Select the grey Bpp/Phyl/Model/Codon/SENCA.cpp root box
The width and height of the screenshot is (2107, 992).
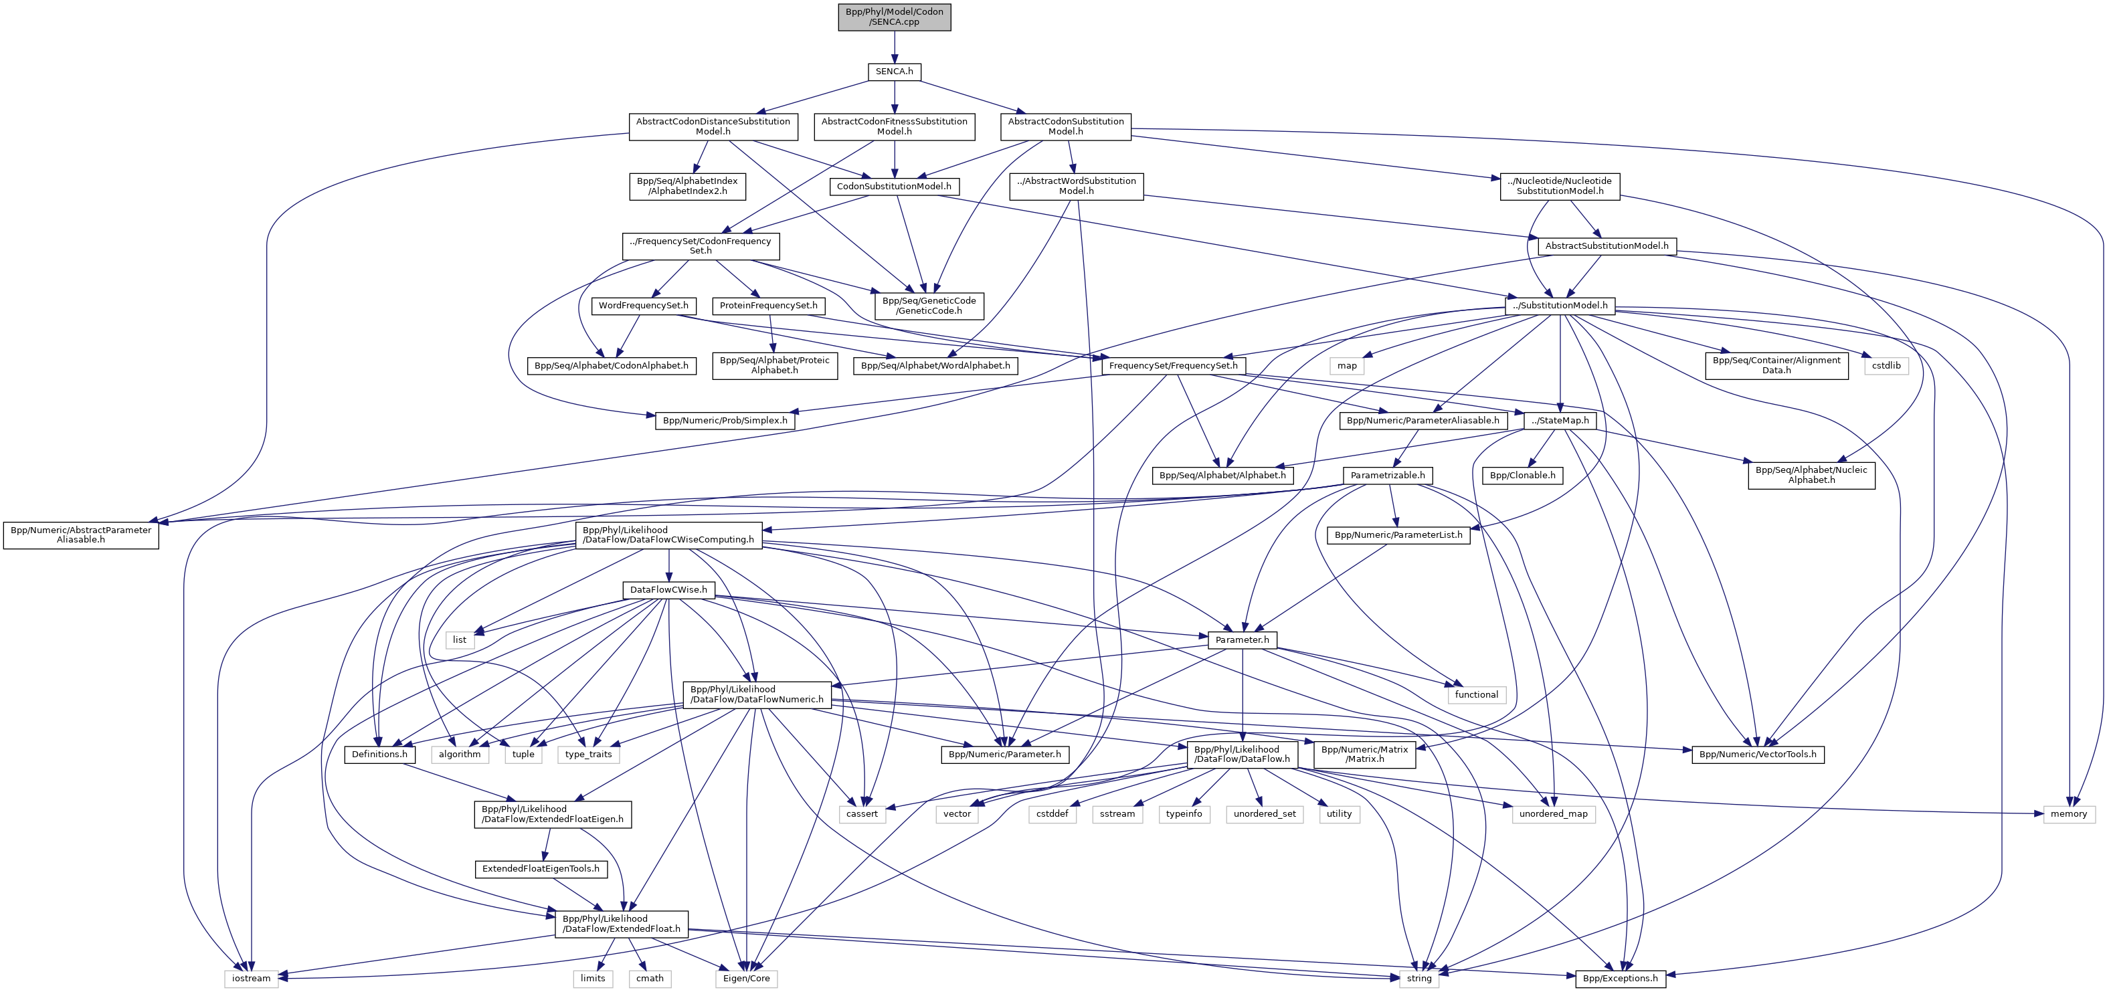click(x=894, y=16)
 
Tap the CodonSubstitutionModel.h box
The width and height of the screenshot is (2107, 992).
click(x=894, y=187)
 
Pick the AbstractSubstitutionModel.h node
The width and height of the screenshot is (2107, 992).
click(x=1607, y=245)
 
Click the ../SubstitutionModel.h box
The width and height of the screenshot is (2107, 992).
click(x=1560, y=305)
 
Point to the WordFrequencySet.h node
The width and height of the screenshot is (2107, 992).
click(x=643, y=305)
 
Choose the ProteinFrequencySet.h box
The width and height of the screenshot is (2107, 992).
click(x=768, y=305)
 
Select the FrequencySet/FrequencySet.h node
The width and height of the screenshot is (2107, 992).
click(x=1173, y=365)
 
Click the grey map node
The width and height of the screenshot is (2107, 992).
click(x=1347, y=365)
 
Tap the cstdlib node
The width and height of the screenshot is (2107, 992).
click(x=1886, y=365)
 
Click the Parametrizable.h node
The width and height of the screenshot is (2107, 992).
click(x=1387, y=475)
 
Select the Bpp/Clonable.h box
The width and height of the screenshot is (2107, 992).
click(x=1522, y=475)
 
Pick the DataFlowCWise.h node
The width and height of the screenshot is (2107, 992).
click(x=668, y=589)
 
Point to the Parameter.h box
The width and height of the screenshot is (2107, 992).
click(x=1242, y=639)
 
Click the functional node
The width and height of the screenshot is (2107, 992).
click(x=1475, y=694)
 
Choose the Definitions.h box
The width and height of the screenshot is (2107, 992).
click(x=379, y=754)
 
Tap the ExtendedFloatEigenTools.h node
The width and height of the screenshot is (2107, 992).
click(x=541, y=868)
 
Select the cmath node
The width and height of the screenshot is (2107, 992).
click(x=650, y=978)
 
